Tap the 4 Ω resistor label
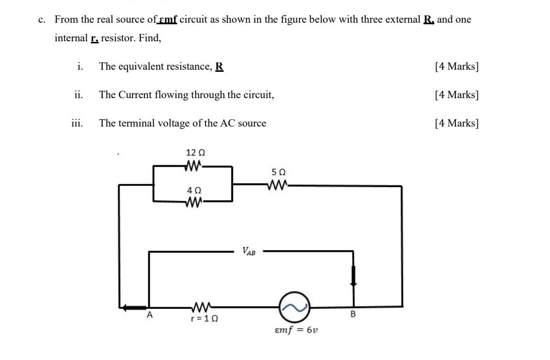pos(194,191)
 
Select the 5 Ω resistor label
pos(278,172)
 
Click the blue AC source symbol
pos(294,307)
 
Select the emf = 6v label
pos(296,330)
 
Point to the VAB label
pos(248,252)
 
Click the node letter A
pos(150,315)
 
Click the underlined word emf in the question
pos(168,20)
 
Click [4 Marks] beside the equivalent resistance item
pos(457,67)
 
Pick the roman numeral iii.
pos(78,123)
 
